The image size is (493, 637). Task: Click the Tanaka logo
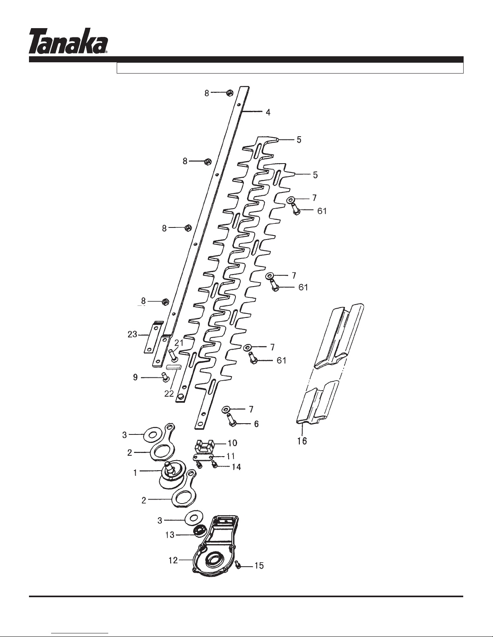tap(68, 41)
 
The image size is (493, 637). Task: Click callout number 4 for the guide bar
tap(268, 112)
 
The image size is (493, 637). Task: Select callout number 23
tap(132, 334)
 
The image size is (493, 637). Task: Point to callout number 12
tap(173, 560)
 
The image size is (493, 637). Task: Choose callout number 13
tap(170, 535)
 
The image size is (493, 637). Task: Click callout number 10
tap(233, 443)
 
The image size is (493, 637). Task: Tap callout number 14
tap(236, 467)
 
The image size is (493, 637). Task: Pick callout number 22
tap(169, 394)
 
